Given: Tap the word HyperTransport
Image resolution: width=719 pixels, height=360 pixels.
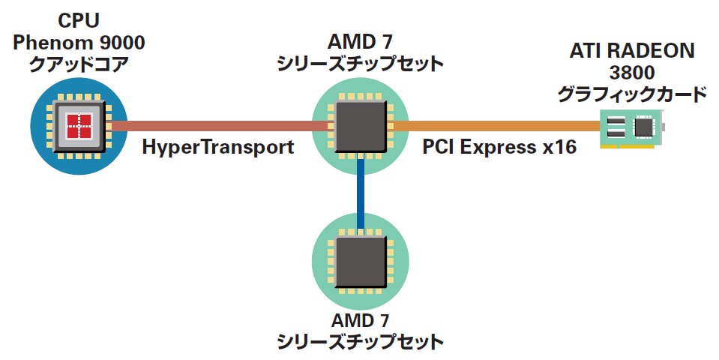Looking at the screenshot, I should (217, 147).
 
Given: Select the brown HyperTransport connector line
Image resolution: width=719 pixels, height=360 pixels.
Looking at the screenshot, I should (217, 126).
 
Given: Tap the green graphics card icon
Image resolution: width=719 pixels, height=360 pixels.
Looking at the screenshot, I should (632, 128).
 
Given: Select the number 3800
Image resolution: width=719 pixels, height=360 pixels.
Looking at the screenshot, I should (632, 73).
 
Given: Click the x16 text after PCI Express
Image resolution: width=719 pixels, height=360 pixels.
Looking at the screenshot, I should (559, 147).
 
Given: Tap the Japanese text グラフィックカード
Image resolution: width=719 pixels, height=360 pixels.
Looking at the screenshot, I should (632, 94).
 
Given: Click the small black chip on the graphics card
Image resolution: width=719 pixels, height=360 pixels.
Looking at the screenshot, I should (643, 128).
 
